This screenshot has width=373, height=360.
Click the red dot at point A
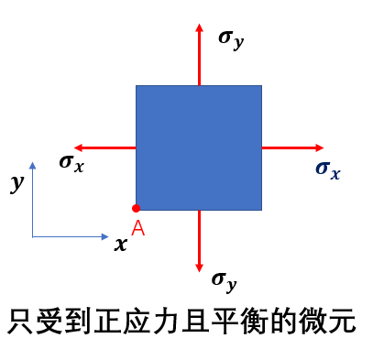(136, 208)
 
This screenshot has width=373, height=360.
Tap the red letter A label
(138, 227)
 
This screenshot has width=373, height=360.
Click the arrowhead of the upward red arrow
(199, 27)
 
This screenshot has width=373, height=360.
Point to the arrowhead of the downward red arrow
(199, 267)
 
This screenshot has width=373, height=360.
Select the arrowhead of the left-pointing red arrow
(79, 147)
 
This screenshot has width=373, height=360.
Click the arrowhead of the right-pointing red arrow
(319, 147)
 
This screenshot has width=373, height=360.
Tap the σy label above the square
(231, 40)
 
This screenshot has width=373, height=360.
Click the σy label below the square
(225, 281)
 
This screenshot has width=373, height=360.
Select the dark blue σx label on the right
(328, 170)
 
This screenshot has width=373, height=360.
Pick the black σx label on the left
(71, 164)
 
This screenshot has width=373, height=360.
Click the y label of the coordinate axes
(17, 183)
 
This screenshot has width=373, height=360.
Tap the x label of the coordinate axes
(121, 245)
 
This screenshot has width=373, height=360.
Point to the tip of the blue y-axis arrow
(32, 162)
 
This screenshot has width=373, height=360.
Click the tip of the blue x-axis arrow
(108, 236)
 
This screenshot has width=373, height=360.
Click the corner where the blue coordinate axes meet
(32, 236)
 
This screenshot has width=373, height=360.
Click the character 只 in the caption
(20, 322)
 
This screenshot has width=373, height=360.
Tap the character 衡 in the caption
(254, 322)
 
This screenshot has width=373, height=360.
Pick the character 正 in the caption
(107, 322)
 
